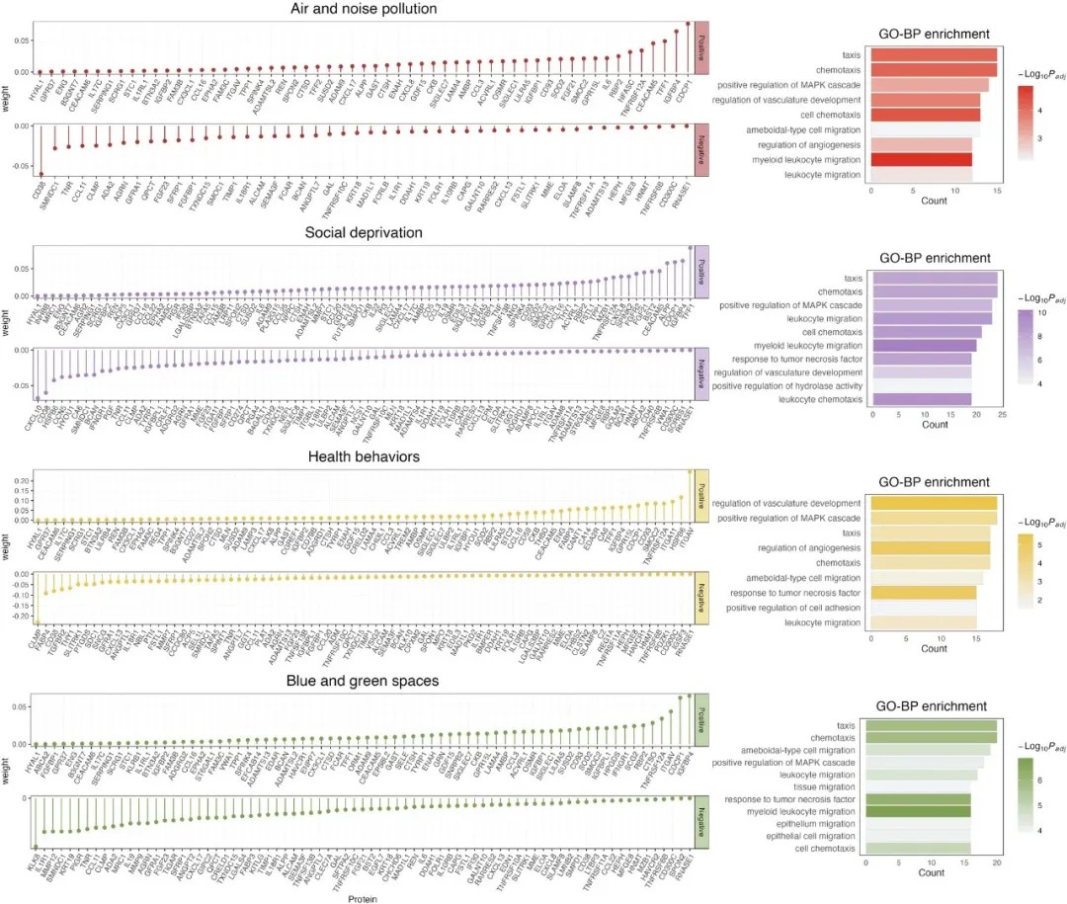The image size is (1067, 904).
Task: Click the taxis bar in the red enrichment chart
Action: [933, 54]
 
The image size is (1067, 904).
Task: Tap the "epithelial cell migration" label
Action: [803, 835]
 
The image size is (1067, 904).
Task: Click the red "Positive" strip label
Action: [702, 47]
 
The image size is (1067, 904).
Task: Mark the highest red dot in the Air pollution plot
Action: [688, 24]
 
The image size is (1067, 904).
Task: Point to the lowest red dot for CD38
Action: [41, 174]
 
